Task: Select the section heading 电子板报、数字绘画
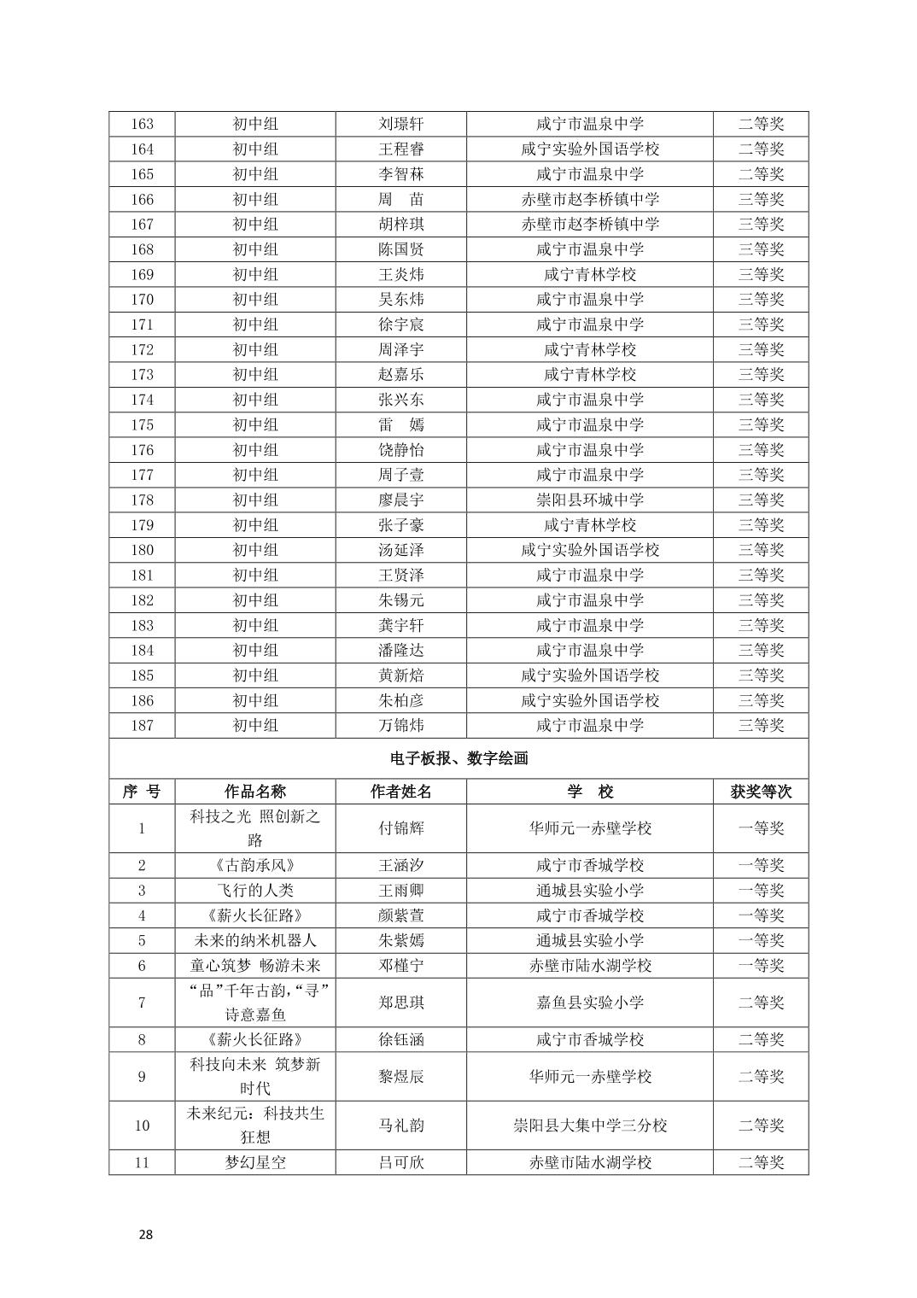click(458, 758)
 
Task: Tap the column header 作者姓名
click(400, 792)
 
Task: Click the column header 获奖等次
click(761, 792)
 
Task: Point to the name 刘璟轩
click(400, 124)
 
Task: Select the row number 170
click(142, 299)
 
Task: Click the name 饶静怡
click(400, 449)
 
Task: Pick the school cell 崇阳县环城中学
click(589, 500)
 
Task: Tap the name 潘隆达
click(400, 650)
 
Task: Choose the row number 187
click(142, 725)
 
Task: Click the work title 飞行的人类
click(255, 890)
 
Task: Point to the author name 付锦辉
click(400, 828)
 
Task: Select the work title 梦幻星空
click(255, 1162)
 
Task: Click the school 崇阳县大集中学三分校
click(589, 1125)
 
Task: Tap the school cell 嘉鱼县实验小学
click(589, 1003)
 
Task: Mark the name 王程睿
click(400, 149)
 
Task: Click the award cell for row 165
click(761, 174)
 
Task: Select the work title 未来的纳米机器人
click(255, 940)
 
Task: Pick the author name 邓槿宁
click(400, 965)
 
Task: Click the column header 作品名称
click(255, 792)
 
